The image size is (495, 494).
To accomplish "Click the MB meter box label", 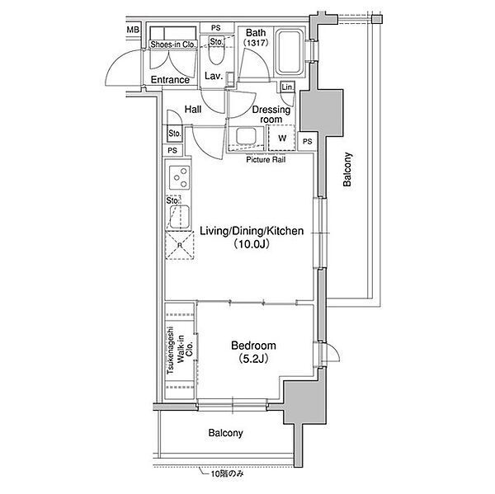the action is point(133,30).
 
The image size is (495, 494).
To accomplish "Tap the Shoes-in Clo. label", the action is point(173,45).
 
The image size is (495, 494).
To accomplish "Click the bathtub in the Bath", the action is point(290,52).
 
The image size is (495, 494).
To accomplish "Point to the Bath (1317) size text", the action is point(256,43).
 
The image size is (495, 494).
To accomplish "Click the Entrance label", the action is point(170,80).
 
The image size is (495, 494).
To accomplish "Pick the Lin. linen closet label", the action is point(287,87).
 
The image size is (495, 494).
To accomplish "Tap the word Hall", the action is point(193,110).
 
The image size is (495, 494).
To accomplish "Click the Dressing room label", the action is point(271,115).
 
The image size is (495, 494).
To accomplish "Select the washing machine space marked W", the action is point(282,138).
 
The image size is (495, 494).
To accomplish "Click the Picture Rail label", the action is point(266,160).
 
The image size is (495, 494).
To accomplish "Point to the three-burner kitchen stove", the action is point(180,177).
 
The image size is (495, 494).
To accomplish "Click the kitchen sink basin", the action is point(180,217).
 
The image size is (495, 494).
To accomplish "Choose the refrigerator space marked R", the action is point(180,245).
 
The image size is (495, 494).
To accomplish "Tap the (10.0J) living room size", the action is point(252,244).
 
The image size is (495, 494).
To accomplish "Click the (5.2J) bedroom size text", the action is point(253,359).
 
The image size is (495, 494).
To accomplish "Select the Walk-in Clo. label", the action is point(185,350).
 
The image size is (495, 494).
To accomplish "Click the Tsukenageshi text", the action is point(171,350).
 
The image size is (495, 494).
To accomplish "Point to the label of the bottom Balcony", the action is point(226,433).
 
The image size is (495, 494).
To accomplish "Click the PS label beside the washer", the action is point(307,142).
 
